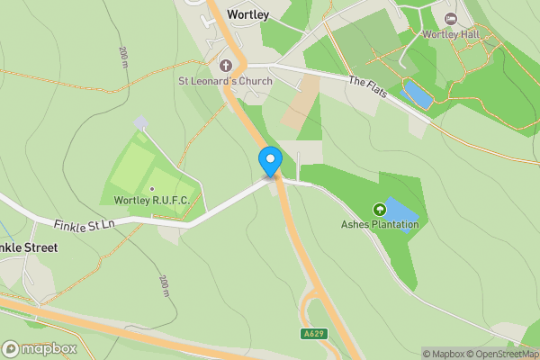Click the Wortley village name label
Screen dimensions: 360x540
pyautogui.click(x=248, y=14)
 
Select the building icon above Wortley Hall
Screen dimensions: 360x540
pyautogui.click(x=451, y=19)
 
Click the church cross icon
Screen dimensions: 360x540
pyautogui.click(x=226, y=66)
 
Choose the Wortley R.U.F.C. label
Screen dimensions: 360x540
pyautogui.click(x=149, y=200)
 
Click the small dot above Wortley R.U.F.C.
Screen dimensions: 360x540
pyautogui.click(x=151, y=188)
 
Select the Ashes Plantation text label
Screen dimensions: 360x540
pyautogui.click(x=379, y=224)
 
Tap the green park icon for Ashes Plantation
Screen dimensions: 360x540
pyautogui.click(x=379, y=210)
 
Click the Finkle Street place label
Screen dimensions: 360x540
pyautogui.click(x=27, y=247)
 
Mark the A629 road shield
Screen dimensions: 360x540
pyautogui.click(x=313, y=333)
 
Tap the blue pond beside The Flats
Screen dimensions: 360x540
pyautogui.click(x=418, y=93)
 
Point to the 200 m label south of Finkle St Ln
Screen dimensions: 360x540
pyautogui.click(x=165, y=286)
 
